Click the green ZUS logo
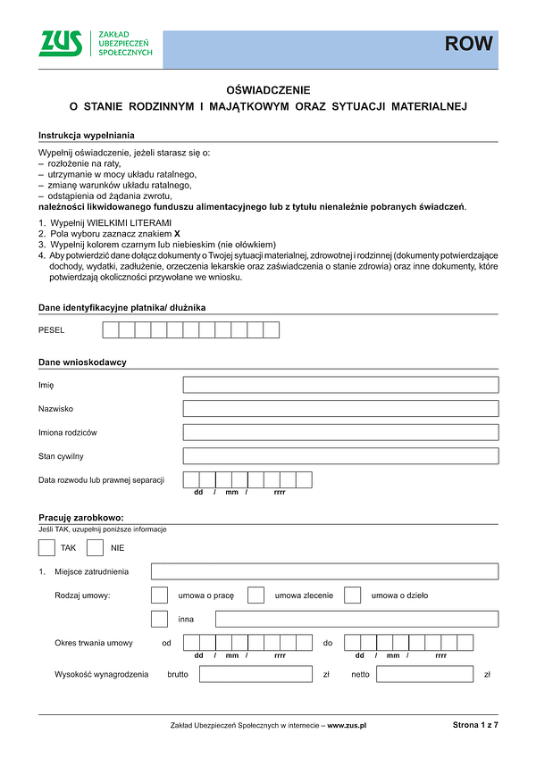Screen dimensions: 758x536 (x=62, y=44)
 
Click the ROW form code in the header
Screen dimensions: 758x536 (x=469, y=45)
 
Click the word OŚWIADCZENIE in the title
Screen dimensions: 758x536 (x=268, y=90)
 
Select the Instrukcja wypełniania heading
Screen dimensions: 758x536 (x=86, y=135)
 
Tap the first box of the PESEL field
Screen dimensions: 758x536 (x=111, y=330)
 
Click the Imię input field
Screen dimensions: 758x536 (x=340, y=385)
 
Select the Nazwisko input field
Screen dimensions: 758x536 (x=340, y=408)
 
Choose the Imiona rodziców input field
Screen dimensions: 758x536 (x=340, y=432)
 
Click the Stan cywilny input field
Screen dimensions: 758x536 (x=340, y=456)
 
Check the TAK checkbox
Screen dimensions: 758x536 (x=46, y=546)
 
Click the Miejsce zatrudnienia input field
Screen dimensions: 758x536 (x=324, y=571)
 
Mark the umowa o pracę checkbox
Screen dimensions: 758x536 (x=160, y=595)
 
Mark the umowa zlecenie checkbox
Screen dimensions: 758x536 (x=255, y=595)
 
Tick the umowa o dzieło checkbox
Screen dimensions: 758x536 (x=352, y=595)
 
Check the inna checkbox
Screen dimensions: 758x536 (x=160, y=619)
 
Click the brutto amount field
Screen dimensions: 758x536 (x=255, y=675)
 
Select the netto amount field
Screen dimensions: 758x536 (x=424, y=675)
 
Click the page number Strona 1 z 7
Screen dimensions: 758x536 (x=474, y=726)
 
